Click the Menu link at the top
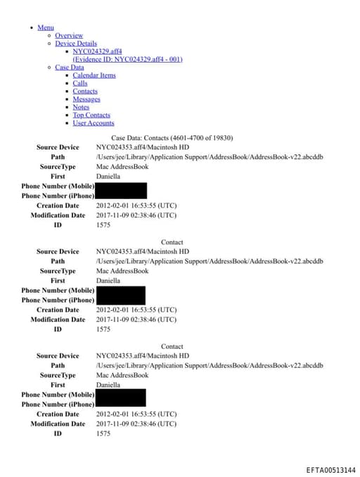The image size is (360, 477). tap(45, 27)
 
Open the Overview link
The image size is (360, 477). tap(69, 35)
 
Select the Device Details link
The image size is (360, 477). tap(76, 44)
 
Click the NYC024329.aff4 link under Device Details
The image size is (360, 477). tap(97, 51)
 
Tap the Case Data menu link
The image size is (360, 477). tap(69, 68)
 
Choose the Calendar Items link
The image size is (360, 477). tap(94, 75)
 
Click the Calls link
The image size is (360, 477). tap(80, 83)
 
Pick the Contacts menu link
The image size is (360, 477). tap(85, 91)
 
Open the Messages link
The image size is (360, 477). tap(86, 99)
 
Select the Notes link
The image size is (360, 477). tap(81, 107)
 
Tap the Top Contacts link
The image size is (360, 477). tap(91, 115)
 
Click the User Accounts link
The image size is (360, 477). tap(94, 123)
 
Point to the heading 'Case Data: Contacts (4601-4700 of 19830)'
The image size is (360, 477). tap(172, 137)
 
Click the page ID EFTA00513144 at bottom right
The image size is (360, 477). tap(330, 470)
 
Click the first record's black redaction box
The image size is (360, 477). tap(121, 191)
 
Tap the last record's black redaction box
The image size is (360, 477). tap(120, 399)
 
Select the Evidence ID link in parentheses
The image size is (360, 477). tap(127, 59)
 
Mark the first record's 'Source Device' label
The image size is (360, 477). tap(58, 147)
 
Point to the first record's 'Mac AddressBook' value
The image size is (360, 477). tap(122, 167)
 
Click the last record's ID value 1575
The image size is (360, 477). tap(103, 433)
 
